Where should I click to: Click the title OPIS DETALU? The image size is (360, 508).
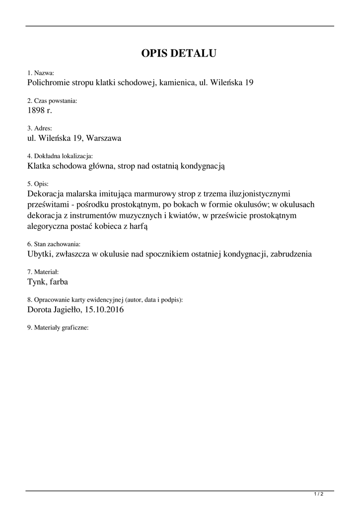pyautogui.click(x=179, y=54)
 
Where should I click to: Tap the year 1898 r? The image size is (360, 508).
pyautogui.click(x=40, y=110)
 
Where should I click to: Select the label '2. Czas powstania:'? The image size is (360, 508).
pyautogui.click(x=52, y=101)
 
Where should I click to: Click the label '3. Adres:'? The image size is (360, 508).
pyautogui.click(x=40, y=128)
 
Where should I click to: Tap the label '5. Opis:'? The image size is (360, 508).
pyautogui.click(x=38, y=184)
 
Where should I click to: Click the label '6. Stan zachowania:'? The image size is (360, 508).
pyautogui.click(x=54, y=245)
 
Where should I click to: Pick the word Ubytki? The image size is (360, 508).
pyautogui.click(x=40, y=254)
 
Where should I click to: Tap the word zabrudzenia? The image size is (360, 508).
pyautogui.click(x=290, y=254)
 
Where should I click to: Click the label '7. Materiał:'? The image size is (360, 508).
pyautogui.click(x=43, y=272)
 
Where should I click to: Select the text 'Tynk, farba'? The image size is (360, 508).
pyautogui.click(x=48, y=282)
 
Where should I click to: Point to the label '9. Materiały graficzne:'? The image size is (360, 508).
pyautogui.click(x=58, y=328)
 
